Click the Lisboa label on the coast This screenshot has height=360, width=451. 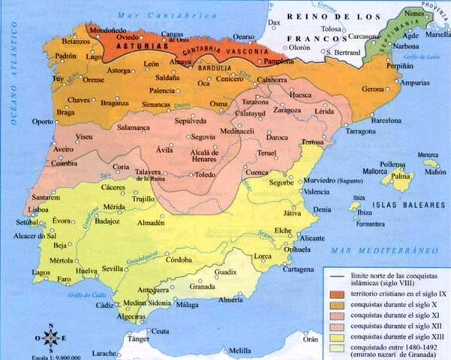tap(18, 211)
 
